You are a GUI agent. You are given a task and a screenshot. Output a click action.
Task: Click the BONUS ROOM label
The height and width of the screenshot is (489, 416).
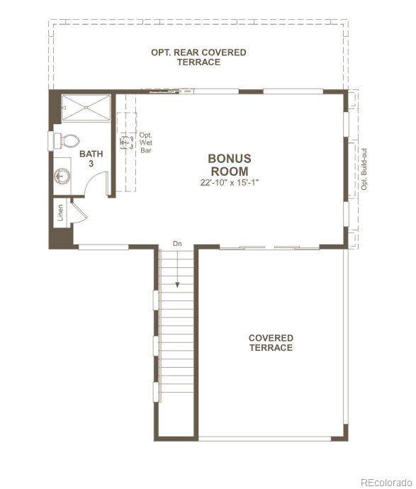tap(230, 165)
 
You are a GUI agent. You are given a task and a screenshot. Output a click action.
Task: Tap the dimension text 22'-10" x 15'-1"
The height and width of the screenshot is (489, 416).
tap(230, 182)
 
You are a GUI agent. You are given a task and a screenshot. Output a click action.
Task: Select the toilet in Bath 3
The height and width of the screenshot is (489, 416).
tap(67, 141)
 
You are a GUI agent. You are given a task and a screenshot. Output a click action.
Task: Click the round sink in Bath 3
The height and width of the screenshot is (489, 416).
tap(62, 176)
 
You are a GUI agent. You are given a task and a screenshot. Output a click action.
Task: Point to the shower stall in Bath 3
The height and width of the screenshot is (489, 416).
tap(86, 108)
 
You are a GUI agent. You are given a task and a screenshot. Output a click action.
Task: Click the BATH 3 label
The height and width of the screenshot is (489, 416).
tap(91, 159)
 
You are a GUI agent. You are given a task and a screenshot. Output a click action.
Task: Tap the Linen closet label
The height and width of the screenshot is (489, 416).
tap(60, 213)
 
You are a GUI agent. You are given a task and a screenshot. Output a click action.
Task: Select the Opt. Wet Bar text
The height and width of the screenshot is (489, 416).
tap(145, 142)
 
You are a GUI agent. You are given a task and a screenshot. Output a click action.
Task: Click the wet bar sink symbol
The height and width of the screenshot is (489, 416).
tap(126, 142)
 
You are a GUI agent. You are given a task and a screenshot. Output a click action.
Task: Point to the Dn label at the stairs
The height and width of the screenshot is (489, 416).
tap(177, 244)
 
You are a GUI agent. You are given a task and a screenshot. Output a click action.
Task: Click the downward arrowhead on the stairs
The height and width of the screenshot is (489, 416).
tap(177, 284)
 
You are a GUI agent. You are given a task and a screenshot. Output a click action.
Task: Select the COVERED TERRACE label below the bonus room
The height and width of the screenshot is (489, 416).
tap(271, 343)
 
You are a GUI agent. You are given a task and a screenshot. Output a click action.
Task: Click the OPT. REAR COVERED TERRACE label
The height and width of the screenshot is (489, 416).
tap(198, 57)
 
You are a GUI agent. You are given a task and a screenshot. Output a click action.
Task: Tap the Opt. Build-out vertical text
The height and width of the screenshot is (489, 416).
tap(364, 169)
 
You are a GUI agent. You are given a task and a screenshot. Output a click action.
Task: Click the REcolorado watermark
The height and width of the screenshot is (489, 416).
tap(386, 482)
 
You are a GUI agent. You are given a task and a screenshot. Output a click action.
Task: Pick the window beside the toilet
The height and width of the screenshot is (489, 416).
tap(50, 141)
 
